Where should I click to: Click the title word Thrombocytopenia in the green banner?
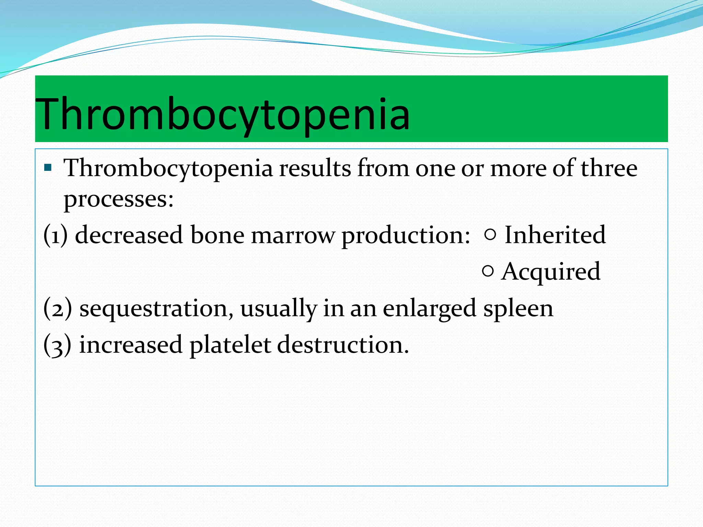coord(222,114)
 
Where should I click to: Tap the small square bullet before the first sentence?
coord(48,168)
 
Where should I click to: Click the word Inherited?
coord(555,235)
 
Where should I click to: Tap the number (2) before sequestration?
coord(58,308)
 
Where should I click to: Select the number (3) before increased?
coord(58,345)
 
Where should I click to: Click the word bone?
coord(217,235)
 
